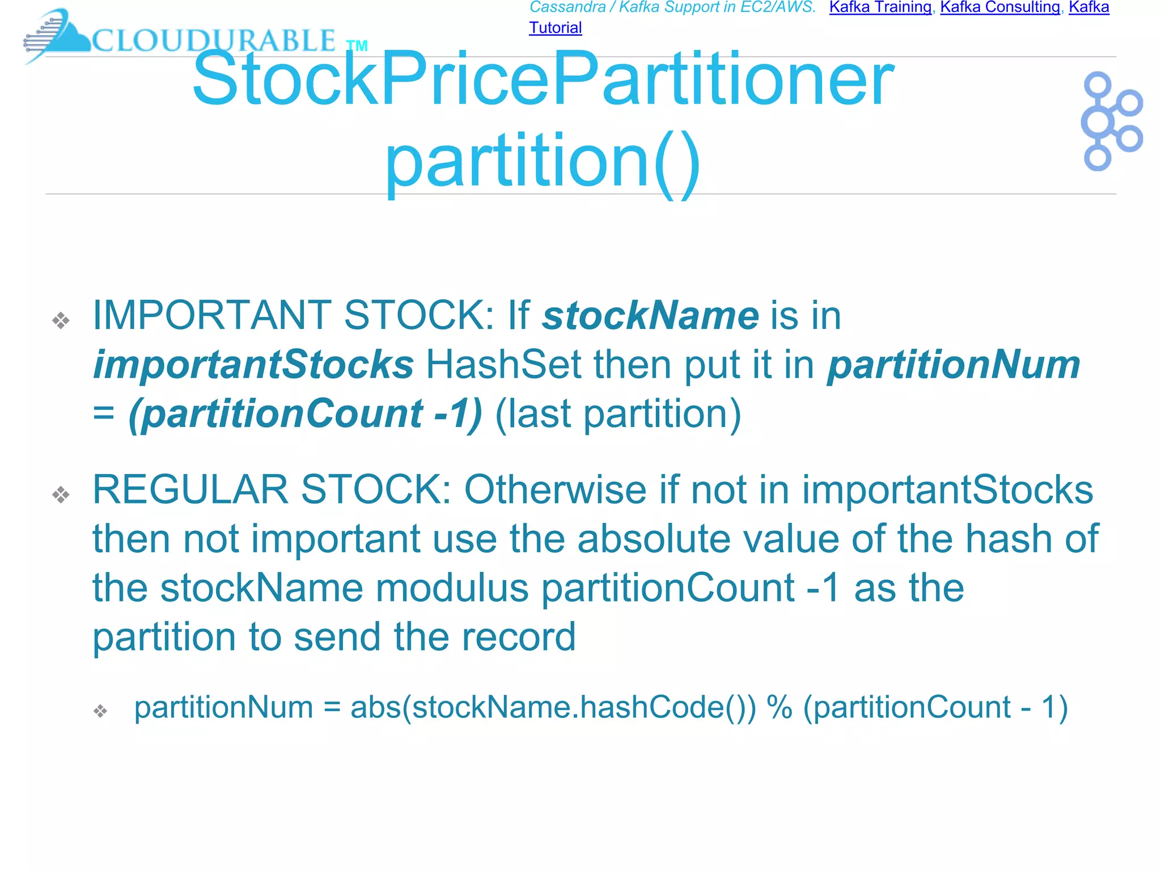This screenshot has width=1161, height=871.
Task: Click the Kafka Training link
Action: (880, 7)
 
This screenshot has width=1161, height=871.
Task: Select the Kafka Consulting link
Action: (1000, 7)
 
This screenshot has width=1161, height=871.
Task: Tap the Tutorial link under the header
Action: (555, 28)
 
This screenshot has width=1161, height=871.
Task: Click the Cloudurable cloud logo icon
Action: (57, 35)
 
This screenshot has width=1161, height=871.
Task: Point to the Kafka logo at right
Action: (1111, 121)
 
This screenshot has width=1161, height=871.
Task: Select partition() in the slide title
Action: (543, 162)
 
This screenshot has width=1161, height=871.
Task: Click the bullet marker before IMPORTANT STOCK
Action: (61, 321)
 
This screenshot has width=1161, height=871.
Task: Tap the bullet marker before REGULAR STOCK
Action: (61, 495)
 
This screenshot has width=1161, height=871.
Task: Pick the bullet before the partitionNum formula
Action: (100, 711)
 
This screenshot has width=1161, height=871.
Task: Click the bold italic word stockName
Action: (650, 315)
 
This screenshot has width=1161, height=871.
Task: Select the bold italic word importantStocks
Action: (253, 364)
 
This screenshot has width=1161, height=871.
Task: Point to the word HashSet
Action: (503, 364)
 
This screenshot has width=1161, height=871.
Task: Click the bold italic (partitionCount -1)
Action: (305, 413)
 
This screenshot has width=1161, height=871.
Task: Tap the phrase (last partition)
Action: (618, 413)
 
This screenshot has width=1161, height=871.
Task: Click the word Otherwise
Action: (555, 489)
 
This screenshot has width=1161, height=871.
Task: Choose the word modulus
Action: (452, 587)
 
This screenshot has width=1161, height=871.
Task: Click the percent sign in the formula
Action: (779, 707)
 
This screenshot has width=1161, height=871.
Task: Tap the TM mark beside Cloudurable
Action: (357, 46)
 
